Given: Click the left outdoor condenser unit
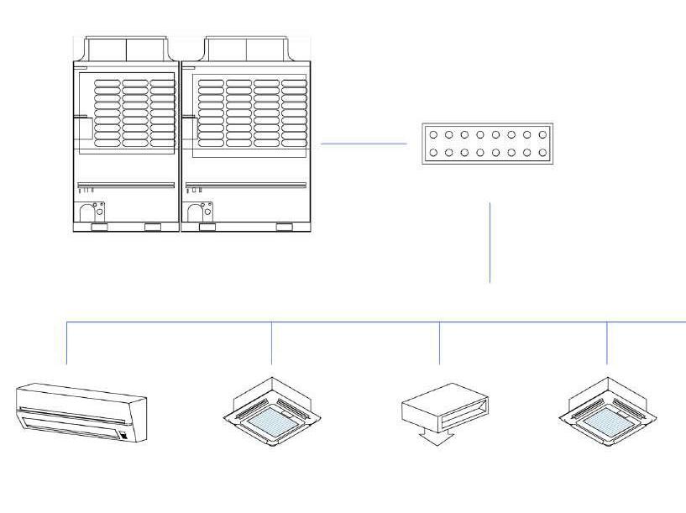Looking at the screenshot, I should coord(126,134).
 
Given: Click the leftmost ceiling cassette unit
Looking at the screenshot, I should coord(272,407).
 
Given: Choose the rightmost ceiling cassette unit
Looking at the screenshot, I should coord(607,407).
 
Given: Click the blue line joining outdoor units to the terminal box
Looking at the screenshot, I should coord(364,144).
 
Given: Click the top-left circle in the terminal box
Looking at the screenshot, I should coord(433,134).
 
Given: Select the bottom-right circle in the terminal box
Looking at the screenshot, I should coord(543,153).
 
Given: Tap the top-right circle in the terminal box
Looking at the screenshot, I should coord(543,134).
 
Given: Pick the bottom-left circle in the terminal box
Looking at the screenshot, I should coord(433,153).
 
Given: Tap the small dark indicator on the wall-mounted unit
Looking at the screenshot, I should coord(124,435).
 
